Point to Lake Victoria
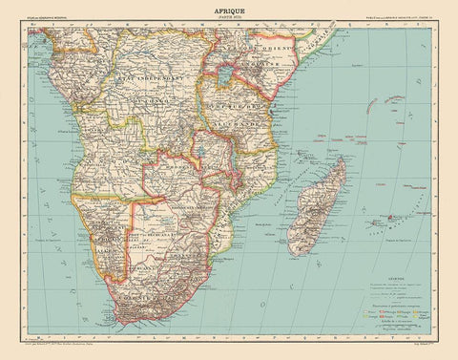[228, 71]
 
